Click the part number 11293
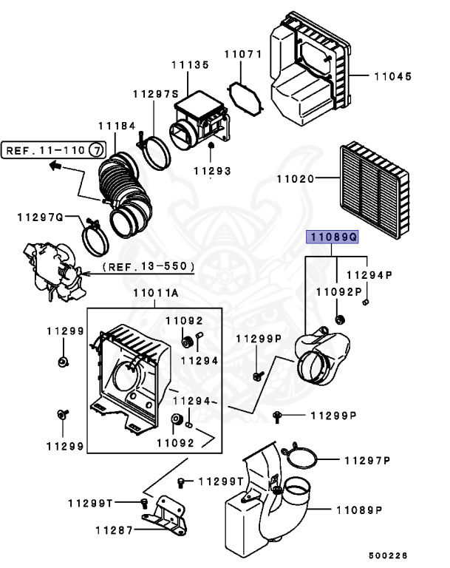(212, 171)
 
